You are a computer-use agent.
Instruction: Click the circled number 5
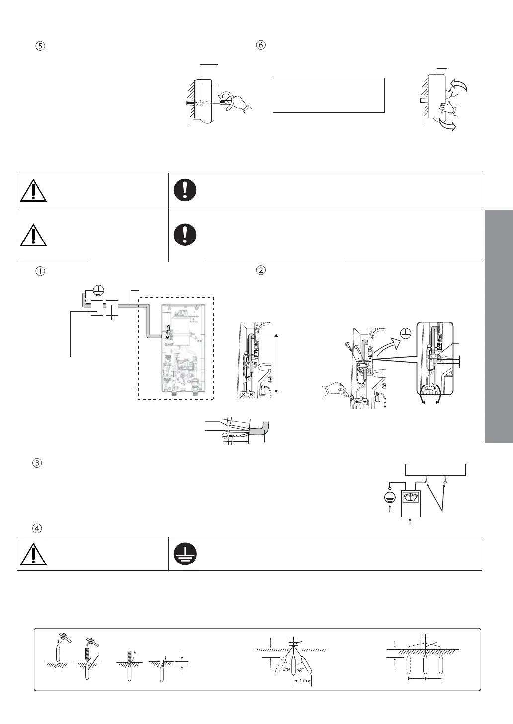[41, 45]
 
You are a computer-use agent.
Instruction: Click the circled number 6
[261, 45]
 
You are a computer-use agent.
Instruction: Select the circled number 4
[41, 529]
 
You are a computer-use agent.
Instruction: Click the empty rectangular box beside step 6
[329, 94]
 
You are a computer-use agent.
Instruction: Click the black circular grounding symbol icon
[185, 553]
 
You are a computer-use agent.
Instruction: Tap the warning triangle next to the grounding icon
[34, 554]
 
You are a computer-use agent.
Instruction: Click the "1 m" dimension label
[303, 681]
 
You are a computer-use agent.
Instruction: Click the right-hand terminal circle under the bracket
[445, 482]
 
